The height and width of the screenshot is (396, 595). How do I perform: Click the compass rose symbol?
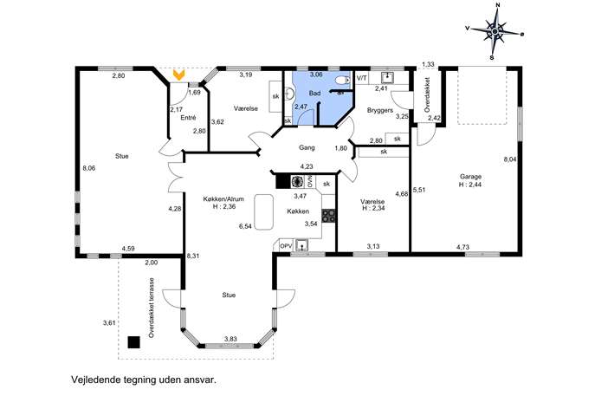coord(495,32)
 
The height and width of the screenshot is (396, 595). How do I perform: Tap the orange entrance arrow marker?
coord(178,75)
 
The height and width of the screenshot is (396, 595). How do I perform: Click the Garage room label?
coord(470,177)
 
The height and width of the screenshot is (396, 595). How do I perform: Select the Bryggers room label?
coord(380,111)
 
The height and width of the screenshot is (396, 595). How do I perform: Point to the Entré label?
coord(188,118)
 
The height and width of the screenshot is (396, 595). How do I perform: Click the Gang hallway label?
coord(307,147)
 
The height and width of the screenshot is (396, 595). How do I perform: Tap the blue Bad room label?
coord(314,94)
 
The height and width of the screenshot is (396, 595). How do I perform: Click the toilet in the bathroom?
coord(344,80)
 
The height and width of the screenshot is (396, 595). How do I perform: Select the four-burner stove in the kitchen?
coord(328,215)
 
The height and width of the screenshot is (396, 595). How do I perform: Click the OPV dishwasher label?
coord(286,246)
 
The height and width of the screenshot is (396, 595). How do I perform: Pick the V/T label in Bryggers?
coord(362,78)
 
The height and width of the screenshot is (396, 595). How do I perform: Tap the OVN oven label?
coord(309,181)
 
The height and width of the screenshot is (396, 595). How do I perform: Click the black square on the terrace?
coord(133,342)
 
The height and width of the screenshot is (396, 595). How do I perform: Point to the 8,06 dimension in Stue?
coord(88,168)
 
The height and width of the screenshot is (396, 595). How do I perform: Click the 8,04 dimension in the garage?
coord(509,159)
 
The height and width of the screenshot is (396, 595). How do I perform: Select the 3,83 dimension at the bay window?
coord(230,339)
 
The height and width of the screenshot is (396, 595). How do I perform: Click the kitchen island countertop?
coord(264,211)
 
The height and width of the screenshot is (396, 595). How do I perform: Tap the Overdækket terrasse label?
coord(152,308)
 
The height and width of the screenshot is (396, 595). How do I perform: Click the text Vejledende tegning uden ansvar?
coord(144,380)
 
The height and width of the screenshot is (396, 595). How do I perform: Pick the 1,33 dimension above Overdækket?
coord(428,64)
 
